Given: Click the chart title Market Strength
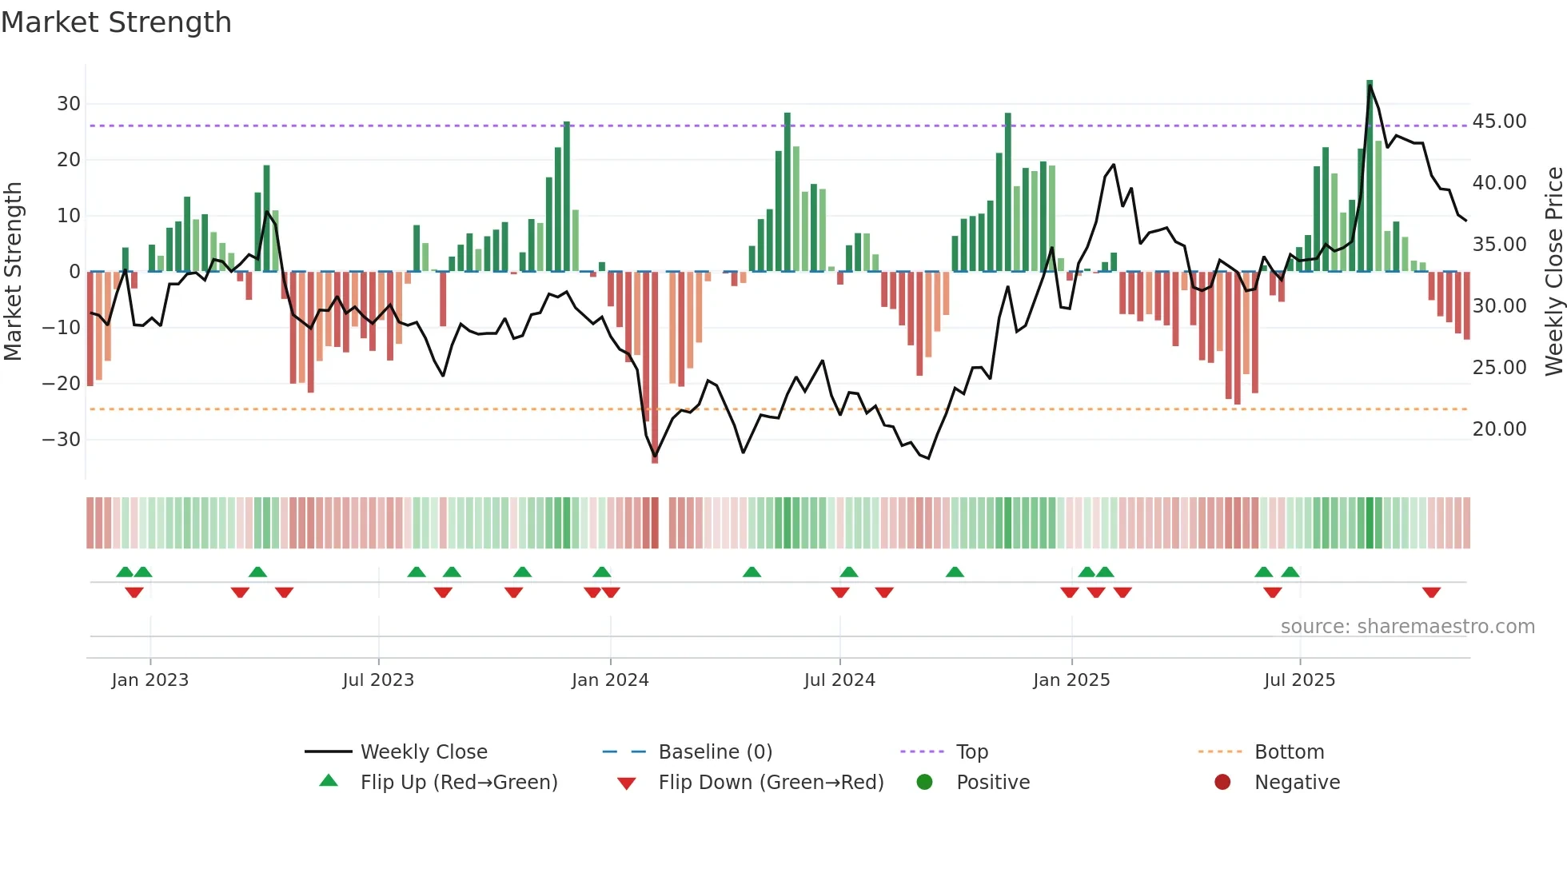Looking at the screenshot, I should click(x=117, y=22).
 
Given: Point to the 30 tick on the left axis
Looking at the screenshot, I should click(x=69, y=104).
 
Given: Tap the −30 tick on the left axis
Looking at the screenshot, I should click(x=62, y=440).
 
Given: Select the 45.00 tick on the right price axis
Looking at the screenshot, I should click(x=1499, y=122).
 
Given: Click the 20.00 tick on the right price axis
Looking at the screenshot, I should click(x=1499, y=429).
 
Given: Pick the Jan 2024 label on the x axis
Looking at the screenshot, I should click(x=610, y=680).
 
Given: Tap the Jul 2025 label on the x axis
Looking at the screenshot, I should click(x=1299, y=680).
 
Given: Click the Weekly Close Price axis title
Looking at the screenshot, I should click(x=1553, y=272).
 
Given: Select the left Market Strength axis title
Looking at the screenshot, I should click(x=13, y=272).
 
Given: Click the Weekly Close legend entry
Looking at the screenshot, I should click(x=423, y=752).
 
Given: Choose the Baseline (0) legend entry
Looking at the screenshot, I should click(x=715, y=752).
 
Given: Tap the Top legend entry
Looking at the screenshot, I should click(x=971, y=752).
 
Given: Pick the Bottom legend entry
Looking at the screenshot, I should click(x=1289, y=752).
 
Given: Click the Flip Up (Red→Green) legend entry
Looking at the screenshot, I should click(x=458, y=783).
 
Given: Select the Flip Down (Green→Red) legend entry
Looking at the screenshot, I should click(x=771, y=783).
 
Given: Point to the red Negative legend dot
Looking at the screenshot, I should click(x=1222, y=783).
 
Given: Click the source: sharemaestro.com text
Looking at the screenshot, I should click(x=1407, y=627).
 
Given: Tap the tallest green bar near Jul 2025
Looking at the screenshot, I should click(x=1370, y=176).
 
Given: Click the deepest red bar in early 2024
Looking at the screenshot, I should click(x=655, y=368).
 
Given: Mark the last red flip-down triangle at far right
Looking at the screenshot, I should click(x=1431, y=592).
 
